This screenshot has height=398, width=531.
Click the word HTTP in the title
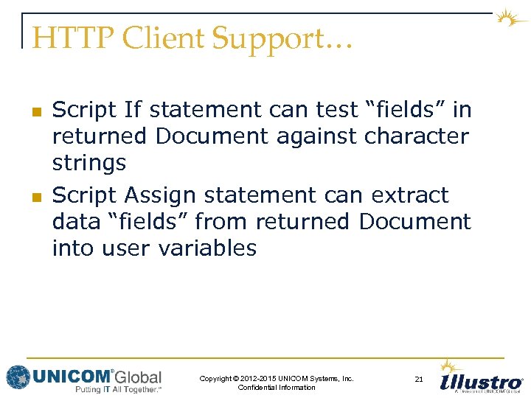(66, 39)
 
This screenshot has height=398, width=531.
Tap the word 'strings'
(89, 164)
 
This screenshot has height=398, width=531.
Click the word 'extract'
(410, 195)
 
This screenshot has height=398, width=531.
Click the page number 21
(419, 380)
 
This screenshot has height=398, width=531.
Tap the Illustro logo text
(480, 383)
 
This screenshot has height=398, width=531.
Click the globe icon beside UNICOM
(18, 377)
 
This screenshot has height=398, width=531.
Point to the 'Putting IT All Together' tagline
(118, 388)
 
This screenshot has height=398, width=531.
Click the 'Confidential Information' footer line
(277, 388)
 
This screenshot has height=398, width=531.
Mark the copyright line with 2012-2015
(277, 378)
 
